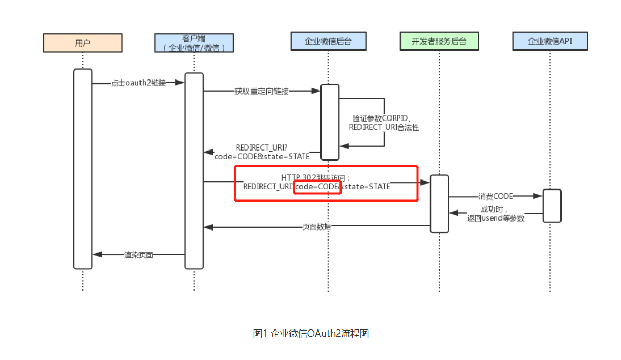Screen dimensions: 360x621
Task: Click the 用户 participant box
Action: [83, 43]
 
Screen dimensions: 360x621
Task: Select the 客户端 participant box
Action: [194, 43]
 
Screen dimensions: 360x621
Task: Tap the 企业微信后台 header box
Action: [328, 41]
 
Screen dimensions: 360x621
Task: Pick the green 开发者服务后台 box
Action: [439, 41]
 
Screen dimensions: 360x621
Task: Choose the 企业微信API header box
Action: [550, 41]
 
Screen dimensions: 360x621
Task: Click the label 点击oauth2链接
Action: [138, 83]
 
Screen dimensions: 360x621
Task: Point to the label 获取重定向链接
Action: [262, 91]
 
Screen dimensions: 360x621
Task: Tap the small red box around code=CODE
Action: [318, 187]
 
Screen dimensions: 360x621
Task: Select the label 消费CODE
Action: [495, 196]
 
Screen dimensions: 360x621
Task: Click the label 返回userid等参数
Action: [496, 218]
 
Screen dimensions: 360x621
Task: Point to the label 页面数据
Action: [317, 227]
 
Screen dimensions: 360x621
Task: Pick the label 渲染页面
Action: [138, 255]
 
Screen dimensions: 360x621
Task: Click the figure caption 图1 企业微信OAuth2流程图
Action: [310, 333]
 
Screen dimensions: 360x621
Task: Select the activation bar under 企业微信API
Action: [552, 205]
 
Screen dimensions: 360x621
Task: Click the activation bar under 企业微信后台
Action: [330, 122]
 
